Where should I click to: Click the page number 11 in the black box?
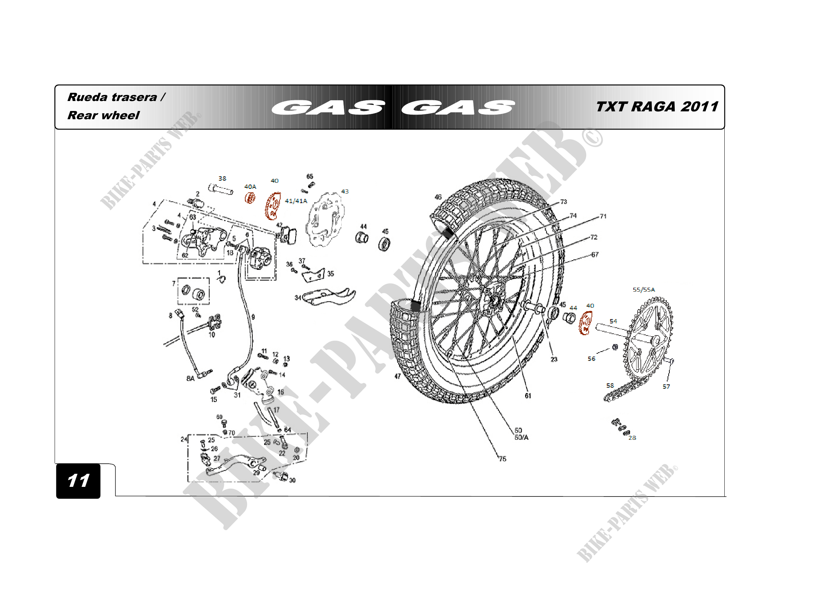(78, 480)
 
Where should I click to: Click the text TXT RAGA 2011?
(657, 106)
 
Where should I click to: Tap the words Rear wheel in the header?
(103, 115)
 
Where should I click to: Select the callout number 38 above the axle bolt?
(222, 178)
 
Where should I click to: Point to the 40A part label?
(250, 186)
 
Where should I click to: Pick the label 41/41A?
(296, 201)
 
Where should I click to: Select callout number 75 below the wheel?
(502, 459)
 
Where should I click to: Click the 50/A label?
(521, 437)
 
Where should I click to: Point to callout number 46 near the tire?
(438, 197)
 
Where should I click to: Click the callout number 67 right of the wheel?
(595, 254)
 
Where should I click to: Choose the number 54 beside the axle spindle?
(613, 321)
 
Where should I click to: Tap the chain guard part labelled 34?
(327, 296)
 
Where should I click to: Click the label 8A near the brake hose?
(190, 378)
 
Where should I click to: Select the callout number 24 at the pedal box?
(184, 439)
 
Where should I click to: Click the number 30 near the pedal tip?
(292, 480)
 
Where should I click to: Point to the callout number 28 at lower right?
(632, 438)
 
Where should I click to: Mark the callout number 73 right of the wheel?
(563, 202)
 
